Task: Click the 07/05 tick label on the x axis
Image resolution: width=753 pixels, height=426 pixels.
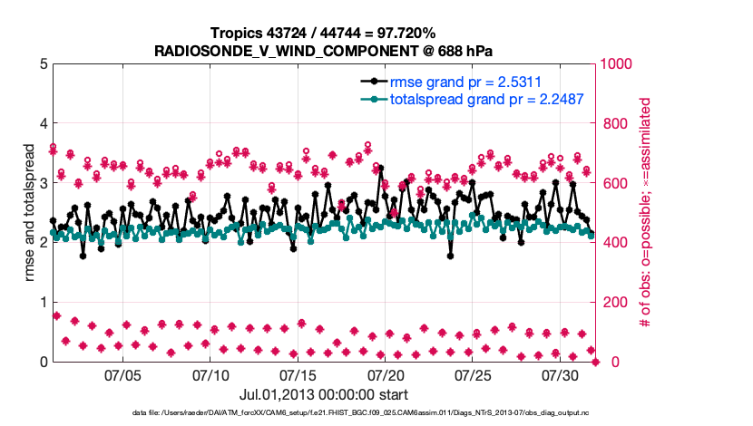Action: click(123, 374)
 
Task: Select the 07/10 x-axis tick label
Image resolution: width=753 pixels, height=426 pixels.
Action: click(210, 374)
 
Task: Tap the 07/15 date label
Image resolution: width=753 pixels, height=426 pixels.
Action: click(298, 374)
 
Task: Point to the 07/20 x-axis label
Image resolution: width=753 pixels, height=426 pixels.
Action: click(386, 374)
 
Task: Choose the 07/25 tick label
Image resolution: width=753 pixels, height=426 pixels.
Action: click(473, 374)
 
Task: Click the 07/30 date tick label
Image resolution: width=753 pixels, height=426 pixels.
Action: click(560, 374)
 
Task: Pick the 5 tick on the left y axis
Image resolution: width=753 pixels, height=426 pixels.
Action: click(43, 64)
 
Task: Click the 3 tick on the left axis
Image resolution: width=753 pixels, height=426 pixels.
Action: click(43, 183)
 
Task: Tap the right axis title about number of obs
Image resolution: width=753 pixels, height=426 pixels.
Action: click(645, 213)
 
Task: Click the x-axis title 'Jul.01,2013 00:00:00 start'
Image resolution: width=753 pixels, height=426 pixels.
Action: click(323, 394)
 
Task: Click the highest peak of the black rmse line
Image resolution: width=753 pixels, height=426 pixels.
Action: click(380, 168)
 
